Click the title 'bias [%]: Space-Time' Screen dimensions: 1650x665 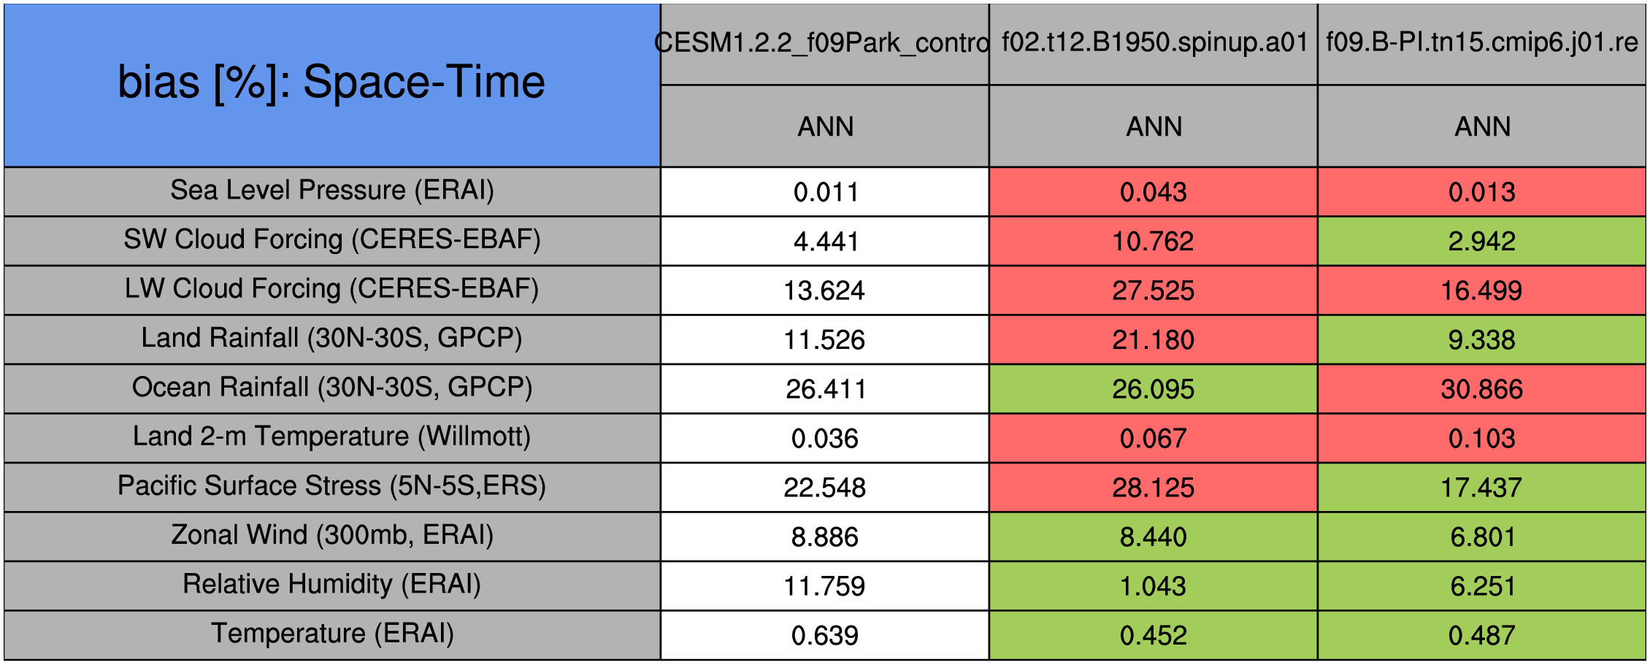(x=331, y=82)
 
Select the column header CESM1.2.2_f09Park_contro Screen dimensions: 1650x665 (x=824, y=43)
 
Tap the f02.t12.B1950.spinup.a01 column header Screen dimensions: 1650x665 (x=1154, y=42)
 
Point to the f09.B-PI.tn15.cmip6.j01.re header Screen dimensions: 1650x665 (x=1481, y=42)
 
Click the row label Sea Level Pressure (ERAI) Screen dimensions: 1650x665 (x=332, y=191)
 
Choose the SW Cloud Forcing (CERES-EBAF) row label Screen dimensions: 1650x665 (x=332, y=239)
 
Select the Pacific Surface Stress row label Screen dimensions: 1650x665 (x=332, y=486)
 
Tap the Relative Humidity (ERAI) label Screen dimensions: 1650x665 (x=332, y=585)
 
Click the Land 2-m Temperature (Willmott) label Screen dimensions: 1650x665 (x=332, y=437)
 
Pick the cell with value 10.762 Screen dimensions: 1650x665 (x=1153, y=241)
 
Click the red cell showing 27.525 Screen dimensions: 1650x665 (x=1153, y=291)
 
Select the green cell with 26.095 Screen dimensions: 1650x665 (x=1153, y=389)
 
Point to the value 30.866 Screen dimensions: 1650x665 (x=1481, y=389)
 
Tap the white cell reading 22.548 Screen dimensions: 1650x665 (x=824, y=488)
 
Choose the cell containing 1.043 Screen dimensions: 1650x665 (x=1153, y=586)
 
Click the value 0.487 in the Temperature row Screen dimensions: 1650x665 (x=1481, y=635)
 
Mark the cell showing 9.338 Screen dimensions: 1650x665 (x=1481, y=339)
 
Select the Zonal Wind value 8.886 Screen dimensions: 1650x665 (x=824, y=537)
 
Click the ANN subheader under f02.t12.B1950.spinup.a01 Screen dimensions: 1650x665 (x=1154, y=127)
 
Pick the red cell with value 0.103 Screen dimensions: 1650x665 (x=1481, y=438)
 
